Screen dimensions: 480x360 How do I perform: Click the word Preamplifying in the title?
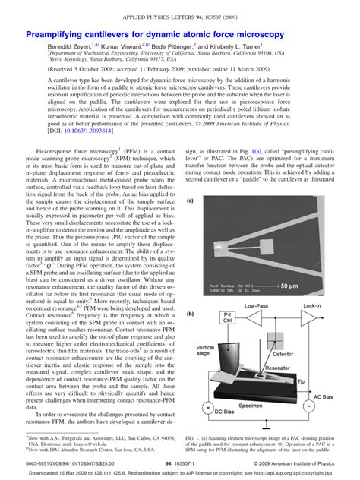[60, 35]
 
